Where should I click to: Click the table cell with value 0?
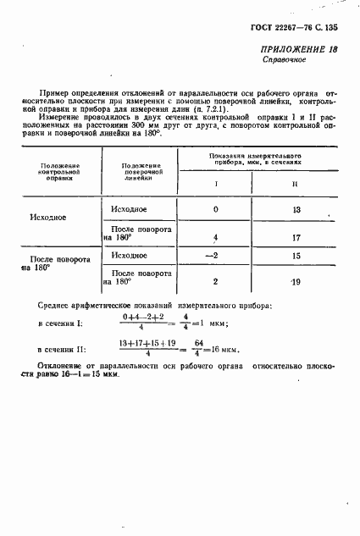pyautogui.click(x=215, y=208)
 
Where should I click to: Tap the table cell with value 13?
pyautogui.click(x=296, y=208)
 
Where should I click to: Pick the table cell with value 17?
pyautogui.click(x=296, y=237)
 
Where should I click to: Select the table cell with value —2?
pyautogui.click(x=215, y=255)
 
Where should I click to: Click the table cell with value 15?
pyautogui.click(x=296, y=255)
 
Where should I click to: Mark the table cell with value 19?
pyautogui.click(x=295, y=281)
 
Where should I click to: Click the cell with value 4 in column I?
pyautogui.click(x=216, y=237)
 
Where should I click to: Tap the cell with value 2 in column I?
pyautogui.click(x=215, y=281)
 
